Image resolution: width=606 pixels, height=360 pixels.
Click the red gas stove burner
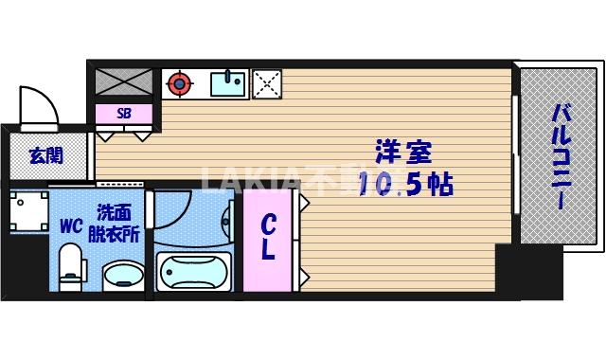click(x=177, y=83)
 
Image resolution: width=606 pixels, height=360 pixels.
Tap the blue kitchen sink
click(x=228, y=83)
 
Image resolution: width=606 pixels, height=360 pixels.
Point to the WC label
click(x=71, y=226)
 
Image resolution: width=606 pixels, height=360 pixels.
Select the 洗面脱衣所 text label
click(x=115, y=224)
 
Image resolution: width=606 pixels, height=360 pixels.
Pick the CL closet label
click(x=268, y=238)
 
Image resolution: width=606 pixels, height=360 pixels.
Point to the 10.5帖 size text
click(x=405, y=184)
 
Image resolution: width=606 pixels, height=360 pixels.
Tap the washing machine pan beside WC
click(x=29, y=209)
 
